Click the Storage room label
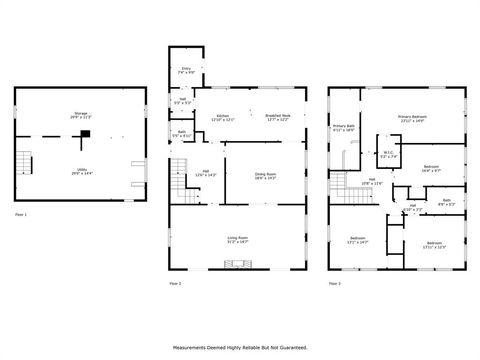(80, 115)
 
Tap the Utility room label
(80, 172)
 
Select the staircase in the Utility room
(27, 163)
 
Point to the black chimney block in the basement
(86, 134)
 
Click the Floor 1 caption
(21, 215)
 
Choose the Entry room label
(185, 72)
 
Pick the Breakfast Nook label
(278, 118)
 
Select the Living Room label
(237, 239)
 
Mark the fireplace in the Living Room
(237, 265)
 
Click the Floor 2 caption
(175, 284)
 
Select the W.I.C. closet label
(388, 155)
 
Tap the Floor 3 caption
(335, 284)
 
